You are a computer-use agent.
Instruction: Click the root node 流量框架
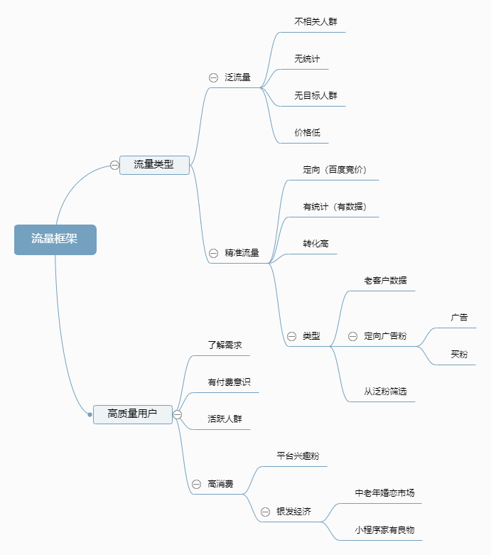(55, 239)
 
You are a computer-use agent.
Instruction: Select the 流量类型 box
(154, 165)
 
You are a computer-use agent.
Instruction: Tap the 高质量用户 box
(133, 414)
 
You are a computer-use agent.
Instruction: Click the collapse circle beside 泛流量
(213, 77)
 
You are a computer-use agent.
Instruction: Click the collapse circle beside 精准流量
(213, 253)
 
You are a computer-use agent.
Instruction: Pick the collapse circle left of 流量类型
(114, 165)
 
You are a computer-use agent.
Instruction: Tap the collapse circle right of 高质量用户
(178, 414)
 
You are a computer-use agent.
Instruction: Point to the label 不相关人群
(315, 21)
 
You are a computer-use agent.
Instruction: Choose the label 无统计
(307, 59)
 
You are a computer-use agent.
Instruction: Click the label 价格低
(307, 133)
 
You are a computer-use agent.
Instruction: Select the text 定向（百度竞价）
(335, 170)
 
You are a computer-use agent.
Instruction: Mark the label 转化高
(315, 244)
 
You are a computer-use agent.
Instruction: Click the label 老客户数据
(386, 280)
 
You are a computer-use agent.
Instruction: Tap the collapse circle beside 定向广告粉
(352, 336)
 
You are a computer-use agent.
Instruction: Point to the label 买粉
(459, 355)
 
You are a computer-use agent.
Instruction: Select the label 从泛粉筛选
(386, 392)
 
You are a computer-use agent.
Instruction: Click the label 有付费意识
(229, 382)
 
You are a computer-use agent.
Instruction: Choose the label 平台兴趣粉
(298, 456)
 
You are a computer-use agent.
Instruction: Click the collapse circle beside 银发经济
(265, 512)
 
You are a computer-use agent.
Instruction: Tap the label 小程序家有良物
(385, 530)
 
